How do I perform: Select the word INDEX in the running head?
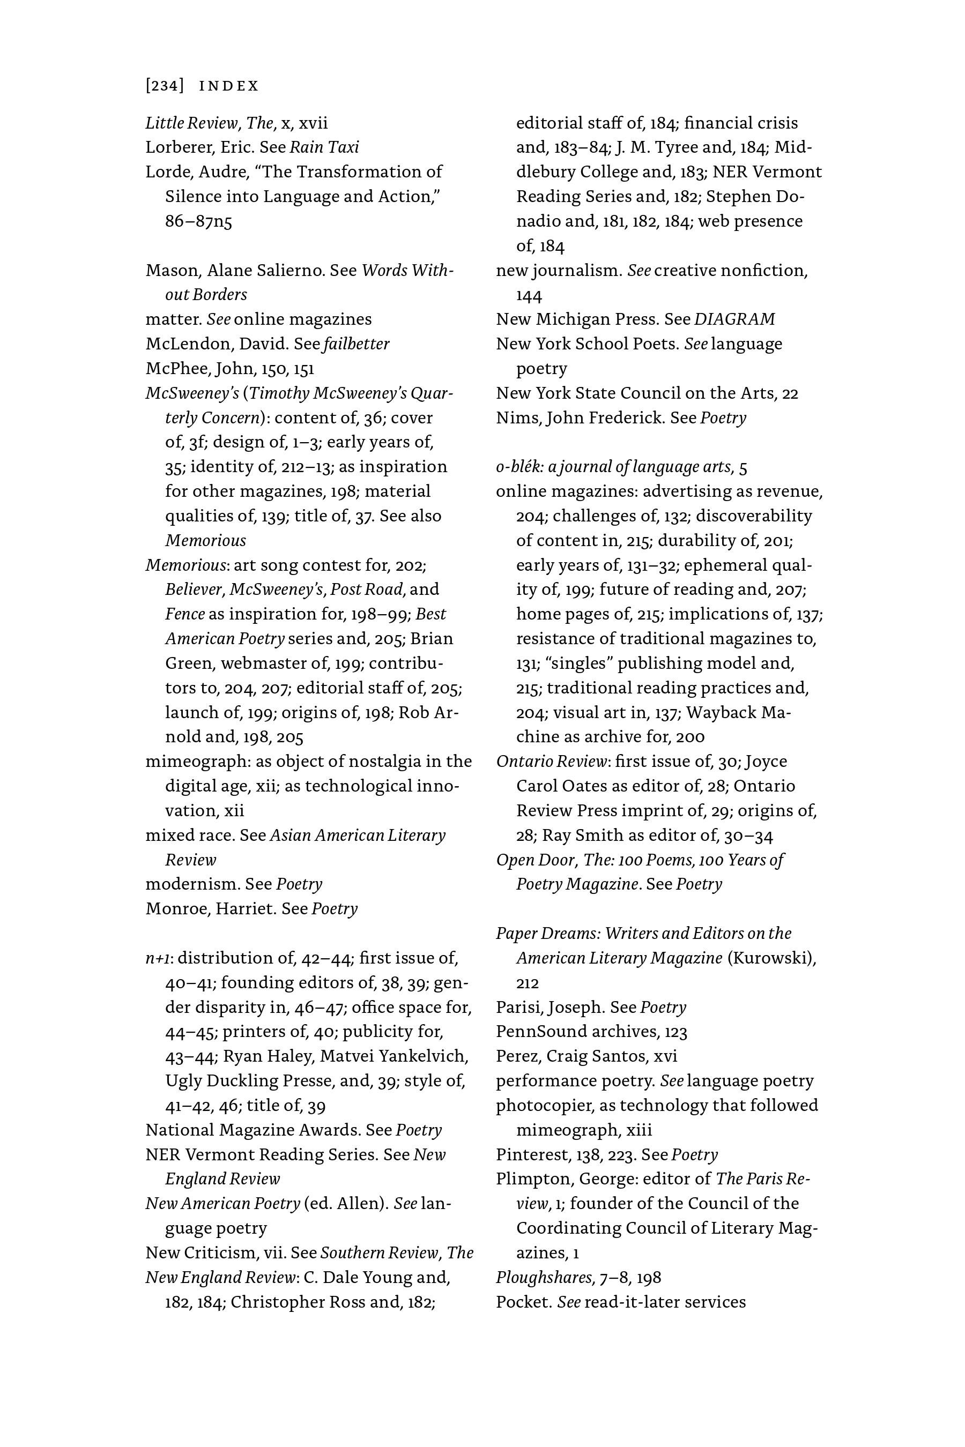(229, 86)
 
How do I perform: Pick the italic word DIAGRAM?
(735, 319)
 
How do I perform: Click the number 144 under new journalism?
(529, 295)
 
